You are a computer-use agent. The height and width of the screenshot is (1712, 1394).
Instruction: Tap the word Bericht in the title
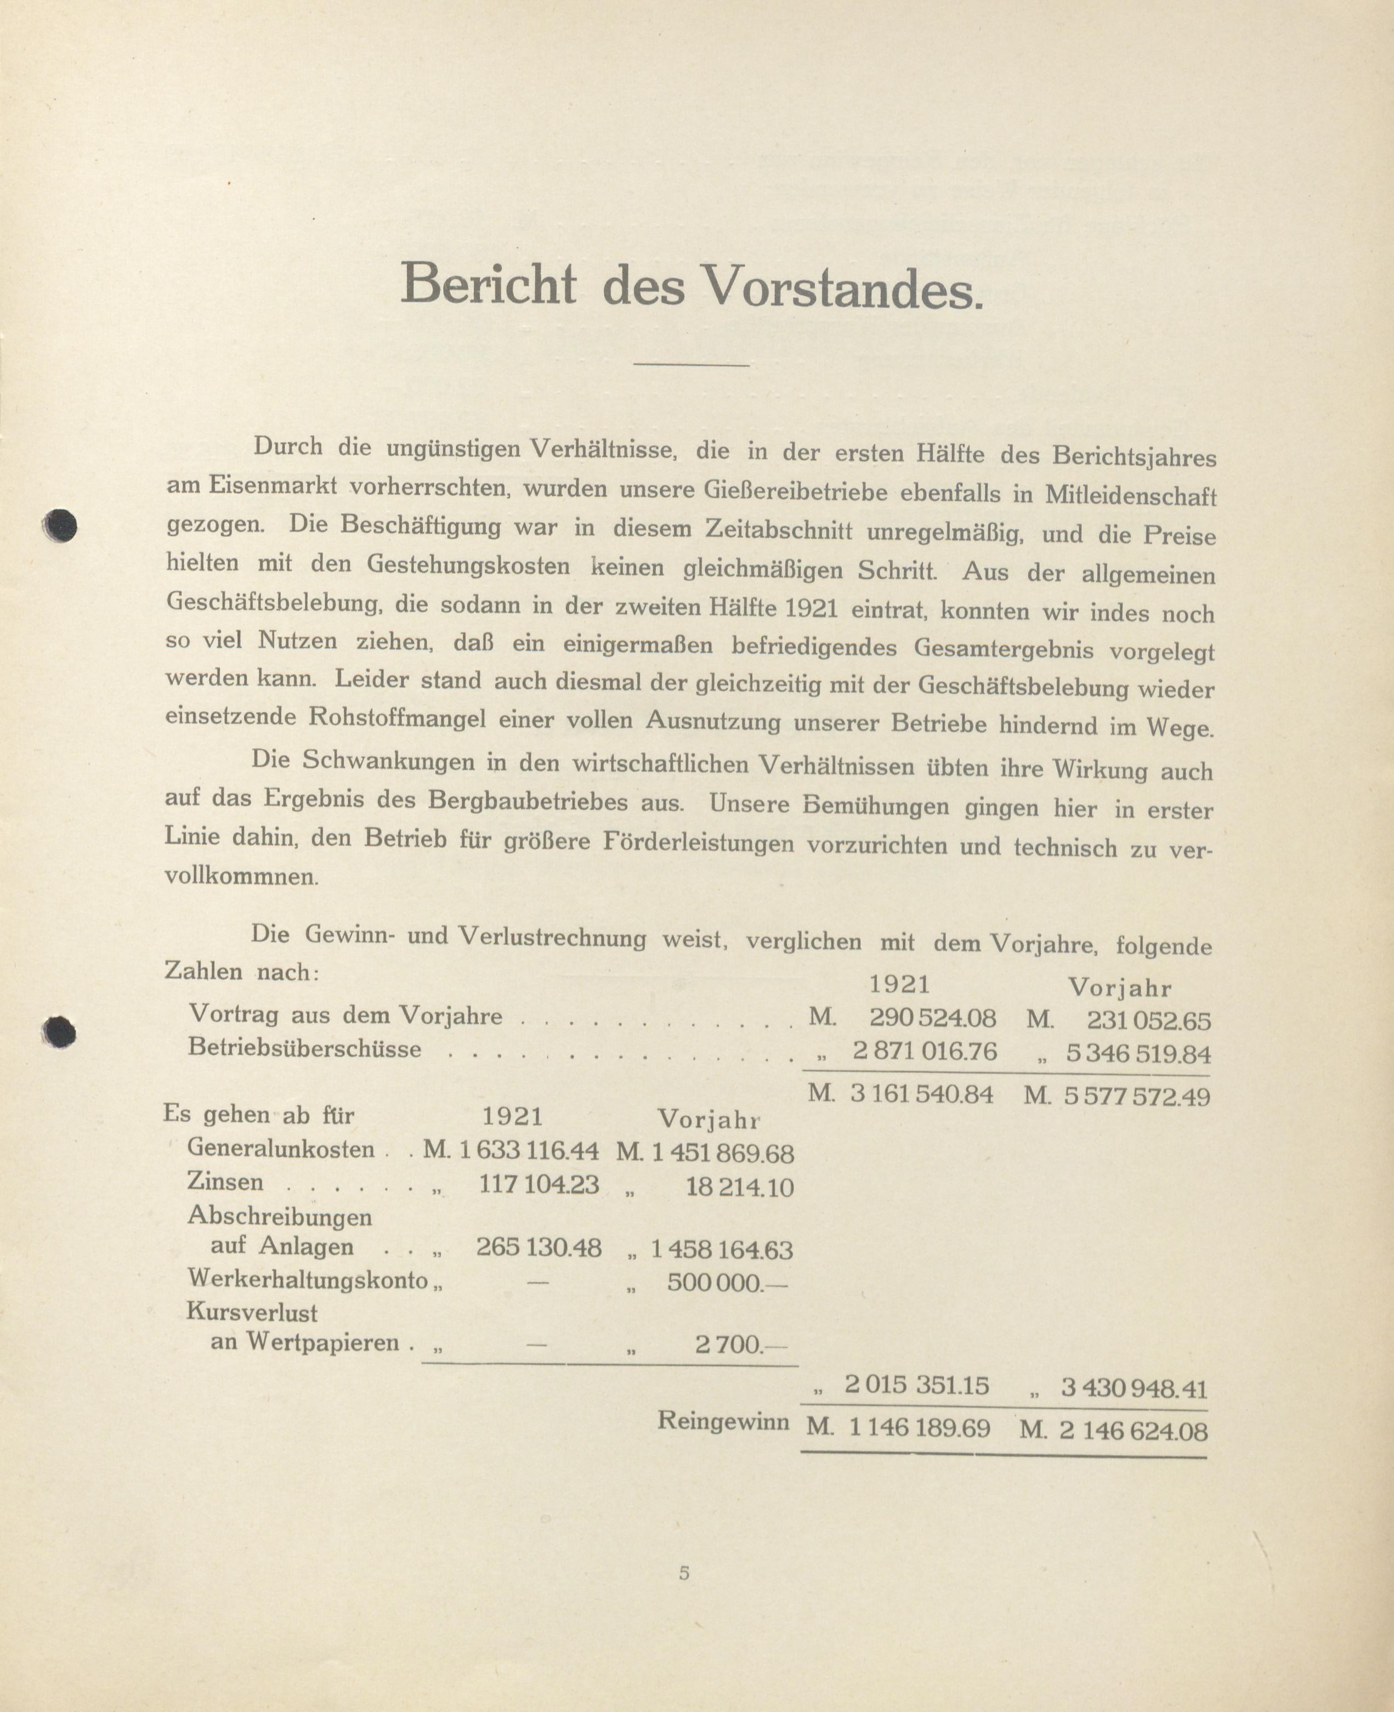click(488, 284)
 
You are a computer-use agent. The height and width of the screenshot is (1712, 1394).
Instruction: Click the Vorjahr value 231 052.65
click(1148, 1021)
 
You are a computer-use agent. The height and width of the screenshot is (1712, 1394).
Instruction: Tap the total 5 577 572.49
click(1136, 1096)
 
